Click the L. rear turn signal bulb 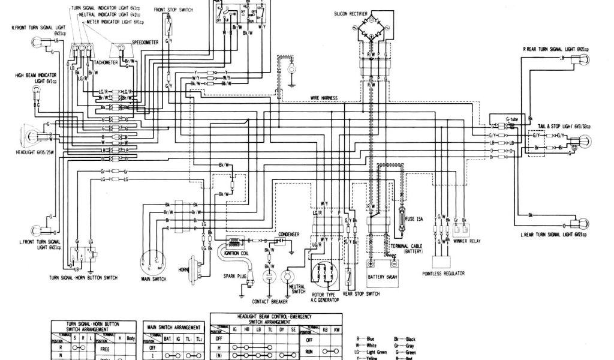[580, 223]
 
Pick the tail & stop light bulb [580, 142]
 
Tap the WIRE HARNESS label [323, 97]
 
